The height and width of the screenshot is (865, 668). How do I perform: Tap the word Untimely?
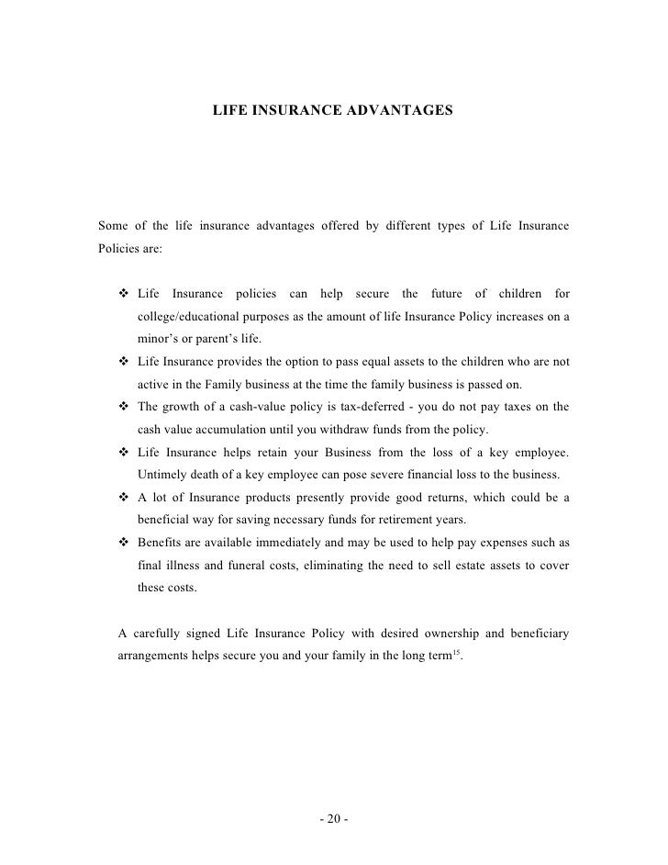(x=162, y=475)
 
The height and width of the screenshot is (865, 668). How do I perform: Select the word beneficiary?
(x=536, y=633)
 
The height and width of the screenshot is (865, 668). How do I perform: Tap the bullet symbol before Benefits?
(x=124, y=542)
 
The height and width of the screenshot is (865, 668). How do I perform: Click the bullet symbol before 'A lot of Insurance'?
(x=124, y=498)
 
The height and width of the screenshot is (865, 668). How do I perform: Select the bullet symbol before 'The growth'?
(x=124, y=407)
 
